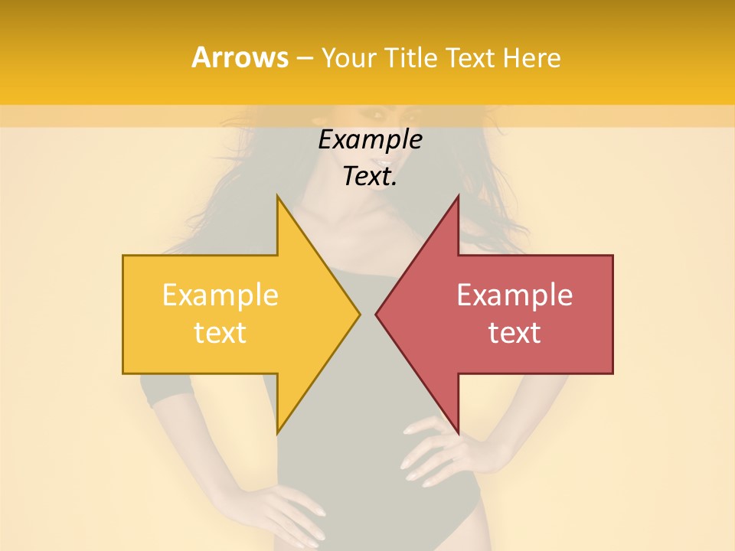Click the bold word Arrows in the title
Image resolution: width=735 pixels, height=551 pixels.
tap(239, 57)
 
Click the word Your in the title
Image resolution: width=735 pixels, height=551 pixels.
tap(349, 58)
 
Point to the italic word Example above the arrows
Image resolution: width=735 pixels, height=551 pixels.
tap(370, 140)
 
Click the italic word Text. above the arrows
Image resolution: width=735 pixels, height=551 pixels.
tap(370, 177)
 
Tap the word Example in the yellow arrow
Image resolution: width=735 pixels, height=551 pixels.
tap(220, 295)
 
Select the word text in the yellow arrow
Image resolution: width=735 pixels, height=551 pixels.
tap(220, 333)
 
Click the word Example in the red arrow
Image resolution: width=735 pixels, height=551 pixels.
tap(514, 295)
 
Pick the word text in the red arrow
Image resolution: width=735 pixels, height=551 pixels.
tap(514, 333)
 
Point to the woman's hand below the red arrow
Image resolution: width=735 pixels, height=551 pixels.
tap(436, 452)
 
